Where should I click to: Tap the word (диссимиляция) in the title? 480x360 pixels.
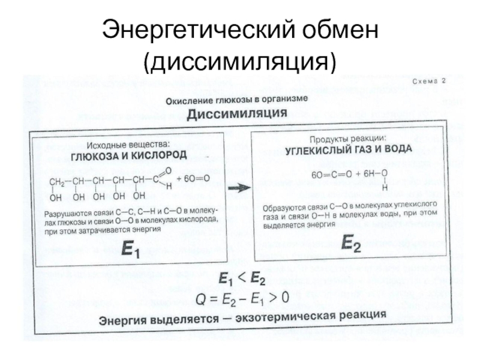click(x=239, y=61)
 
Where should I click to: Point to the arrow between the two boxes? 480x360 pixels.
click(x=239, y=188)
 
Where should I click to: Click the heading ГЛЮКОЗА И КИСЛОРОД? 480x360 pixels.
click(x=130, y=155)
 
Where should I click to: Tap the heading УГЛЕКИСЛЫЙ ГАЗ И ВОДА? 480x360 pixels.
click(x=348, y=148)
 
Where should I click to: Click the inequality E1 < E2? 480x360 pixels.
click(x=242, y=278)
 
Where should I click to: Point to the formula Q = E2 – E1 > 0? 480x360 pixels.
click(x=243, y=296)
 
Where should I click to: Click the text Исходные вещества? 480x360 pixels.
click(x=128, y=144)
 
